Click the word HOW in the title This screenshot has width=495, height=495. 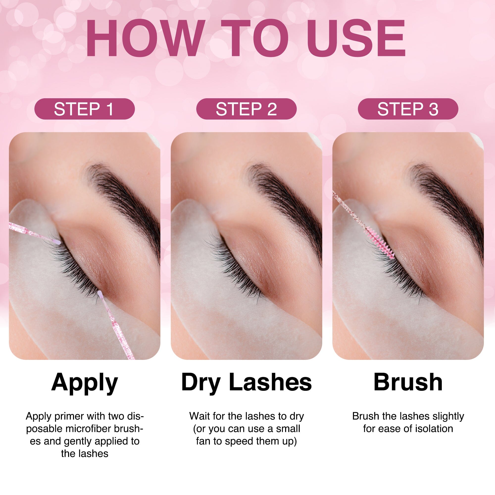tap(145, 38)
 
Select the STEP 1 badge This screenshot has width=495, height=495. tap(84, 109)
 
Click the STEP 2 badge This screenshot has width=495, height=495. tap(246, 109)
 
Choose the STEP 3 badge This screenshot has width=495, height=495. tap(408, 109)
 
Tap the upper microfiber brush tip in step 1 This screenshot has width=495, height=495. tap(58, 242)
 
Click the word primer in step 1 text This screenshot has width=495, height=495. tap(67, 416)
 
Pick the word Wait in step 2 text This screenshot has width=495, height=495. tap(199, 416)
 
